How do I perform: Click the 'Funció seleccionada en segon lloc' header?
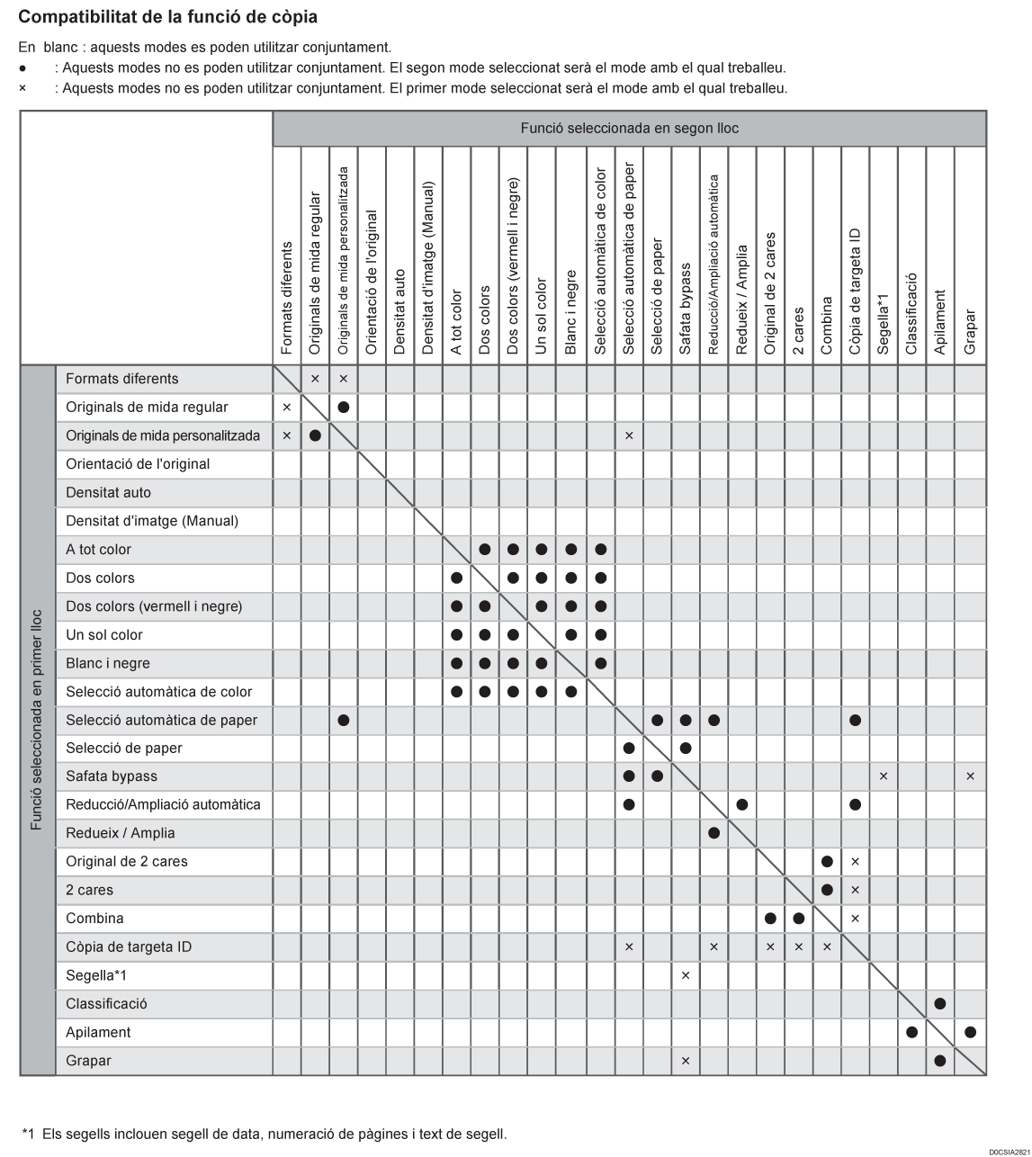[x=629, y=129]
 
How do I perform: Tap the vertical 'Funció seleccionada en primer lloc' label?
[x=37, y=720]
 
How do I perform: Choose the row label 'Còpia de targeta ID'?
[x=129, y=946]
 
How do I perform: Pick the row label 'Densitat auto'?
[x=108, y=492]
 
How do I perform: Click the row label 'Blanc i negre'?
[x=108, y=663]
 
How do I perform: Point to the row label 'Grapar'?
[x=88, y=1061]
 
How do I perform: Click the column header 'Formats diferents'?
[x=287, y=298]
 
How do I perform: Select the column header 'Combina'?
[x=827, y=326]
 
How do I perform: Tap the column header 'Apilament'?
[x=940, y=321]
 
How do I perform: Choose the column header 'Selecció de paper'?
[x=657, y=296]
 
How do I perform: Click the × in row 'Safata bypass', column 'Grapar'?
[x=970, y=776]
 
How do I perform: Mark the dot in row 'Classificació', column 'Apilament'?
[x=940, y=1004]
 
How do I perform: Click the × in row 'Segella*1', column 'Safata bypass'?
[x=686, y=975]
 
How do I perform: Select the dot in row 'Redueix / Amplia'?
[x=713, y=833]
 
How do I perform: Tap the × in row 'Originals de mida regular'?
[x=287, y=408]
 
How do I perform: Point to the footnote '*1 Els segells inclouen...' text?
[x=265, y=1134]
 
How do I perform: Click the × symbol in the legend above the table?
[x=22, y=88]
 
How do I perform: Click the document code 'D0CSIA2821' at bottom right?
[x=1009, y=1152]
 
